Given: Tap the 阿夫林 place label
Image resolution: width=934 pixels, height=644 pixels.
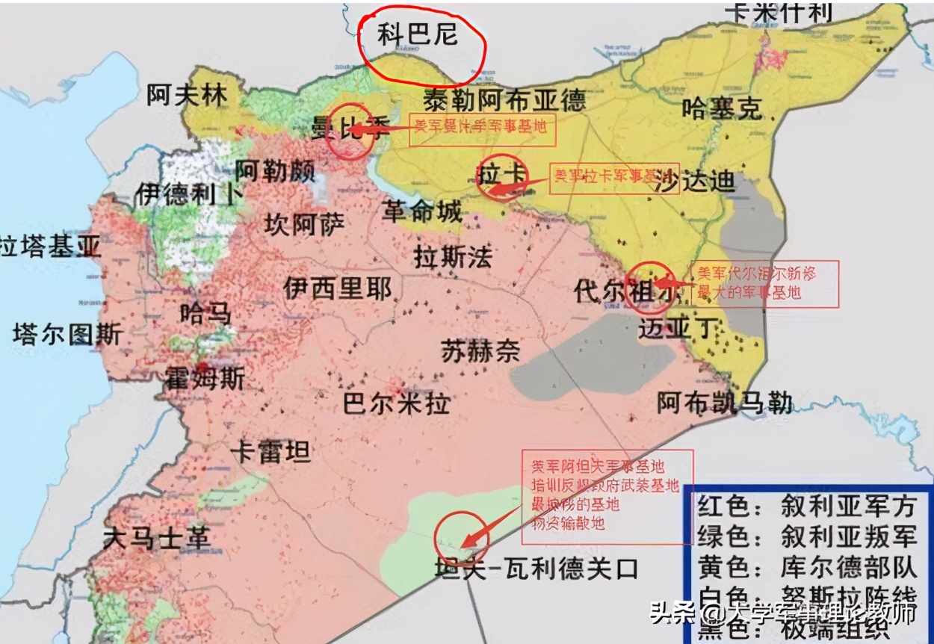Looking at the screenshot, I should pos(187,95).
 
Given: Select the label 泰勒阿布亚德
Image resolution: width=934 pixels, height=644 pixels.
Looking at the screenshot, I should pos(504,99).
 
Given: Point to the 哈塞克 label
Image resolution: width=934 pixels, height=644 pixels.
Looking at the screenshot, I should pos(722,109).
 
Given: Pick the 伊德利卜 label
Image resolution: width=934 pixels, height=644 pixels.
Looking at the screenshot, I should pos(188,193).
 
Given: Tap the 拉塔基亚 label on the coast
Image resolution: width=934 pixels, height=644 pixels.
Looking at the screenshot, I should pos(50,247).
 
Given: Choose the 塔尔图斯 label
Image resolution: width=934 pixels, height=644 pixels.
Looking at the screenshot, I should pos(67,334).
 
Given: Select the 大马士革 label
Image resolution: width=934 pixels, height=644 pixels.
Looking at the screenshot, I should pos(156,538).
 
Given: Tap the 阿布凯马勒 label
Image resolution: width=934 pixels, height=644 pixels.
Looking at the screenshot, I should pos(724,403).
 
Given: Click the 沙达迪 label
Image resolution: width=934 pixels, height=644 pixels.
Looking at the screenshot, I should pos(694,182).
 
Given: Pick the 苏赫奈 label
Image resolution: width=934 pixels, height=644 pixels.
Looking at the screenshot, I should pos(480,350).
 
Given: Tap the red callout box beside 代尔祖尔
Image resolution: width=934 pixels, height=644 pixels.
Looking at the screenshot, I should pos(765,283).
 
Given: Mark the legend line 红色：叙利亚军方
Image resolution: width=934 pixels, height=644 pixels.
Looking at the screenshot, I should pos(806,507).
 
